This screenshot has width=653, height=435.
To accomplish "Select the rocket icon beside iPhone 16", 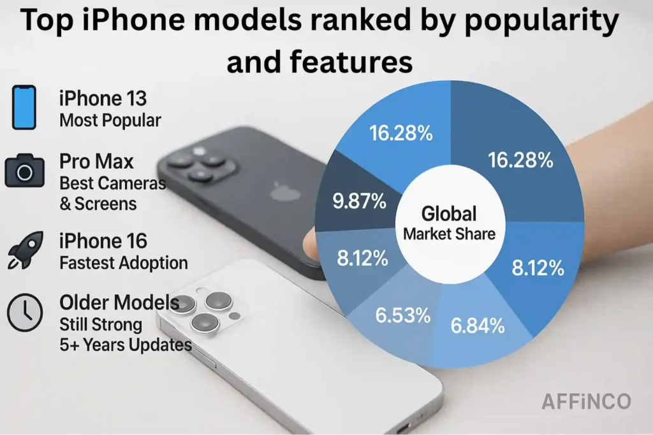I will pos(25,249).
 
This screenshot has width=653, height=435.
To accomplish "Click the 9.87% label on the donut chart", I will pos(360,201).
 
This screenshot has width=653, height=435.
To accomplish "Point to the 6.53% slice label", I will pos(402,315).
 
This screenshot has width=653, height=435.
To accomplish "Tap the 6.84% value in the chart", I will pos(477,326).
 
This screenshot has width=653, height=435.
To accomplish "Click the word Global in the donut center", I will pos(449,213).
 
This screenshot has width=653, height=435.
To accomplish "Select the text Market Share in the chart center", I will pos(449,233).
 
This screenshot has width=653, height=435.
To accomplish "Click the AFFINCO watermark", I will pos(586,401).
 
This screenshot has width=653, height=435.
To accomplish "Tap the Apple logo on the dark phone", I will pos(279,191).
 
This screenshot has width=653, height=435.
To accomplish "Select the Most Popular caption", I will pos(110,120).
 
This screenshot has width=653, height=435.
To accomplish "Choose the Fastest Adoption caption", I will pos(124,262).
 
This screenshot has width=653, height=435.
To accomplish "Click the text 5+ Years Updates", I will pos(126,345).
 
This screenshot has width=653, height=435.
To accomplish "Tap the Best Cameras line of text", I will pos(112,183).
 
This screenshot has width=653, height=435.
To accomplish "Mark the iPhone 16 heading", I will pos(103,241).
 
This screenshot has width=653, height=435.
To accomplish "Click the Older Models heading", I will pos(119,302).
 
